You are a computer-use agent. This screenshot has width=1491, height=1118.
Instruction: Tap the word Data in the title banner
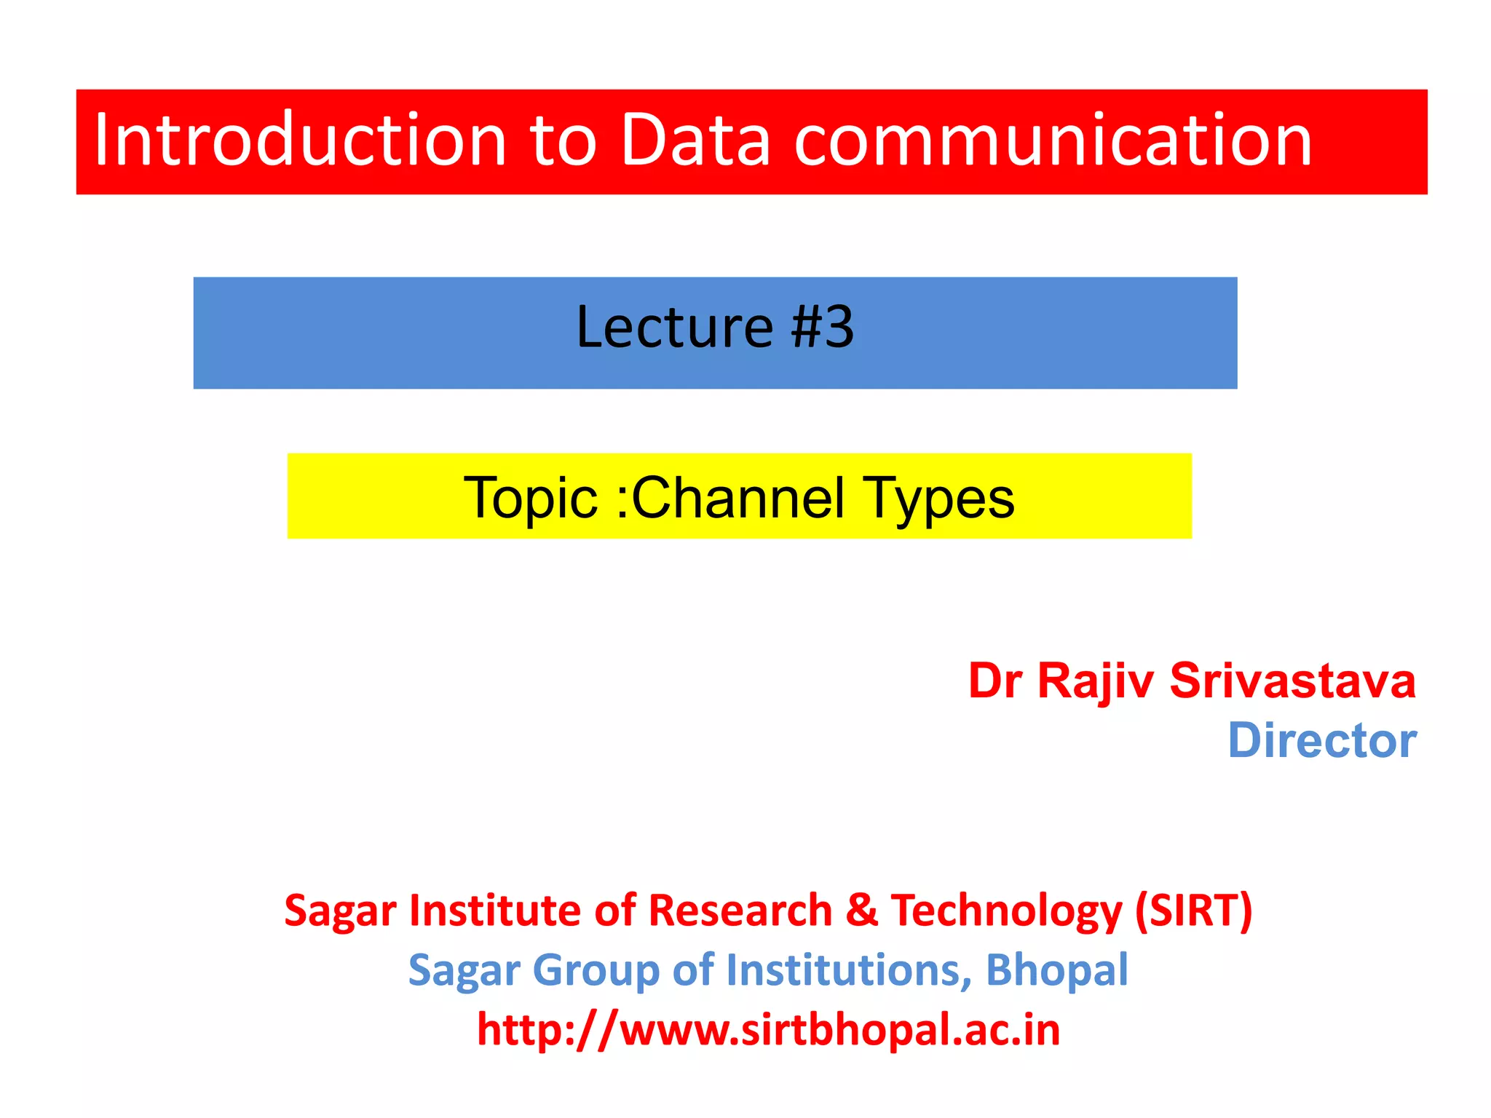(x=695, y=140)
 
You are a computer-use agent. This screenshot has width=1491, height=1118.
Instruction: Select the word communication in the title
(x=1053, y=140)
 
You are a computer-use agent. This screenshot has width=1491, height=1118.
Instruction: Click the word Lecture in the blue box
(x=674, y=328)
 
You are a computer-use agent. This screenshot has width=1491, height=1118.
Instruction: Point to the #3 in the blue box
(x=823, y=328)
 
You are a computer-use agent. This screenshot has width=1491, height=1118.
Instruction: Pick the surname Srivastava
(x=1292, y=682)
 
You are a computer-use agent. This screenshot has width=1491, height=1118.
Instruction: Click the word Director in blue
(x=1322, y=741)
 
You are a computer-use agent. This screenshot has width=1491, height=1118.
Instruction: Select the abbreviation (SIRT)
(x=1194, y=911)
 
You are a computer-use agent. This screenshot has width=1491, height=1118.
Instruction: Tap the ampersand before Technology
(x=861, y=911)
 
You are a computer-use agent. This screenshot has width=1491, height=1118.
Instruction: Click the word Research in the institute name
(x=740, y=911)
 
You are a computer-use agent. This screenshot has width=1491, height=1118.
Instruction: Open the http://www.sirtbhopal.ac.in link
(x=768, y=1030)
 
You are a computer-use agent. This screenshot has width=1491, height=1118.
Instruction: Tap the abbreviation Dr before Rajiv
(x=995, y=682)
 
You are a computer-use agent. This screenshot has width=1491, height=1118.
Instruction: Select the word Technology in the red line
(x=1007, y=912)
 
